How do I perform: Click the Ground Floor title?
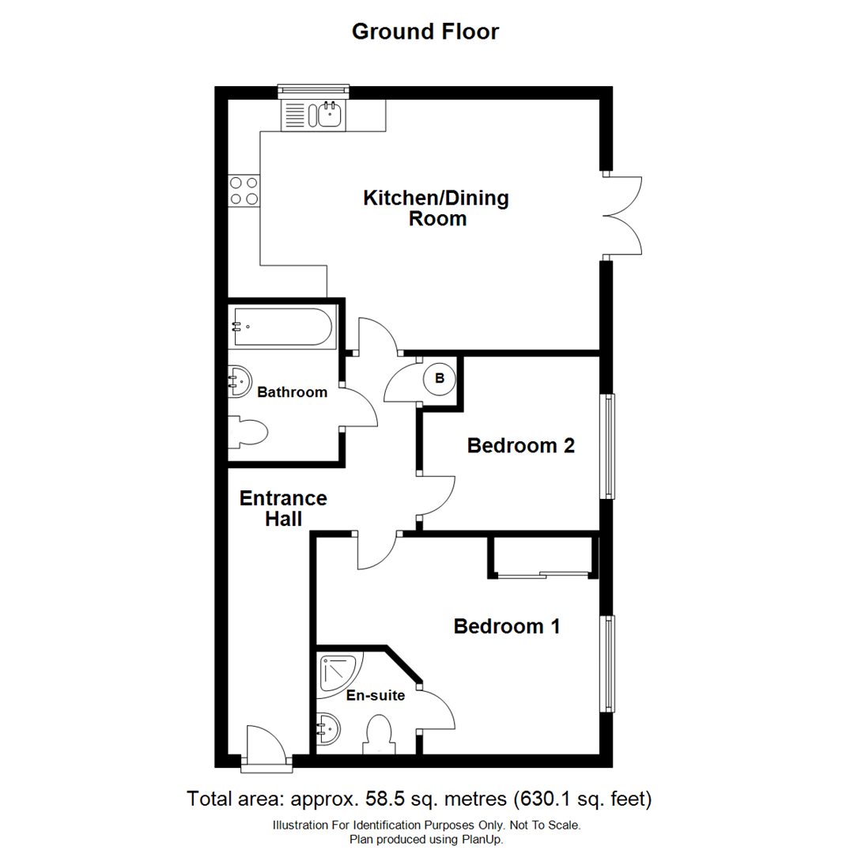tap(425, 32)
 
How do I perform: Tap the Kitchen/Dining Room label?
tap(436, 208)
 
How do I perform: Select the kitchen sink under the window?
tap(329, 115)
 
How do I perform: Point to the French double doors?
tap(625, 215)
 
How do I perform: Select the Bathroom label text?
tap(292, 392)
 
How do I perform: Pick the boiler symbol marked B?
tap(440, 379)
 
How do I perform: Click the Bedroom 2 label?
tap(520, 446)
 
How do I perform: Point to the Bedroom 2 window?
tap(608, 446)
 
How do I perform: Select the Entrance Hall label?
tap(283, 508)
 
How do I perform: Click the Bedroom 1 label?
tap(507, 627)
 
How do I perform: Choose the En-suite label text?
tap(376, 696)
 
